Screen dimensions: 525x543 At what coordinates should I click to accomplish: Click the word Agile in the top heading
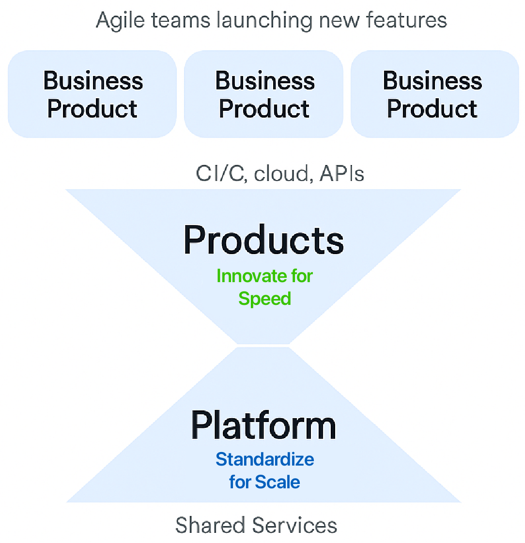pyautogui.click(x=120, y=21)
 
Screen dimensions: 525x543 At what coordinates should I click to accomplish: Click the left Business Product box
pyautogui.click(x=92, y=94)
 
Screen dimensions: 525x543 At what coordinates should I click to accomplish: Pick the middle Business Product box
pyautogui.click(x=264, y=94)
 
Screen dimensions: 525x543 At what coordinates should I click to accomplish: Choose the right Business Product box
pyautogui.click(x=435, y=94)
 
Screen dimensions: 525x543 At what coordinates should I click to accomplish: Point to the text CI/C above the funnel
pyautogui.click(x=220, y=173)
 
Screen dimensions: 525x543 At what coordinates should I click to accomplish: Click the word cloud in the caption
pyautogui.click(x=281, y=173)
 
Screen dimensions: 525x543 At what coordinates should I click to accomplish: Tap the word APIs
pyautogui.click(x=341, y=173)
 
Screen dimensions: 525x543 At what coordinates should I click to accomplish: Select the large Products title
pyautogui.click(x=264, y=240)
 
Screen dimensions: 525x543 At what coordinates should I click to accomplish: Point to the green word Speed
pyautogui.click(x=265, y=299)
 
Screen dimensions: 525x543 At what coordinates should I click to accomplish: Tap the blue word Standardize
pyautogui.click(x=265, y=460)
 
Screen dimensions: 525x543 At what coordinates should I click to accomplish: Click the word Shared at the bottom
pyautogui.click(x=210, y=525)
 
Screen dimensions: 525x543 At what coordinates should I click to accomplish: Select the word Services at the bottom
pyautogui.click(x=294, y=525)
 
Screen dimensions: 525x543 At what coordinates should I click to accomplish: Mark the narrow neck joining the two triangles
pyautogui.click(x=263, y=346)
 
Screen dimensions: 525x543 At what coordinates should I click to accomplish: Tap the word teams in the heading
pyautogui.click(x=181, y=20)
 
